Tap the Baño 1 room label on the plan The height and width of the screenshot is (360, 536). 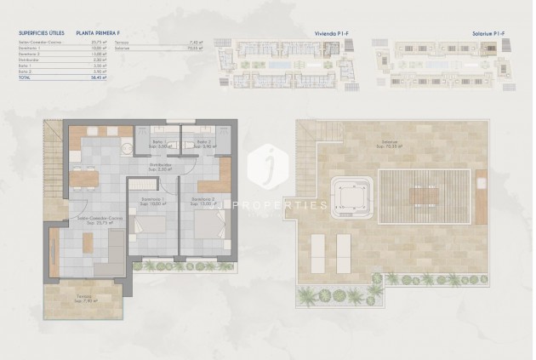[x=160, y=143]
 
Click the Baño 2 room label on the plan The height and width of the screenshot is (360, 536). [x=203, y=143]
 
